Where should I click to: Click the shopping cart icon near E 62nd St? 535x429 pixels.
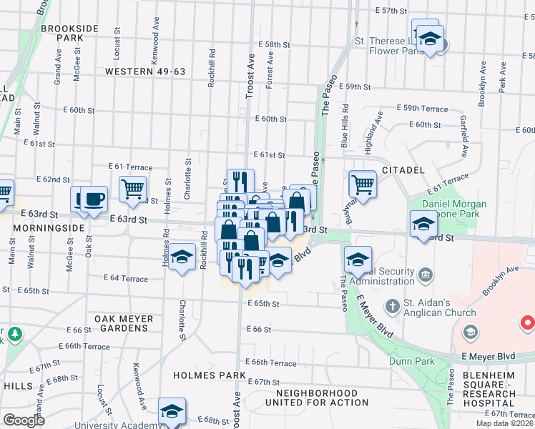point(132,189)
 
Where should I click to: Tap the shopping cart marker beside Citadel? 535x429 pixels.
point(363,184)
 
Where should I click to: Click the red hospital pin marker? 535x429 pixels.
point(528,322)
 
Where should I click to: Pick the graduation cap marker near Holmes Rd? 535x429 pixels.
point(182,256)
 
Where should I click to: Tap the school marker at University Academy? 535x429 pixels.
point(172,411)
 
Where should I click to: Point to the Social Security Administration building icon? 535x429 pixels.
point(425,274)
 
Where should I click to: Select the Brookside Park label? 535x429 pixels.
point(69,32)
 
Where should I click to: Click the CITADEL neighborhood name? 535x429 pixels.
point(403,170)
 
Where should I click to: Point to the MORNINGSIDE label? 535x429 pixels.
point(44,227)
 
